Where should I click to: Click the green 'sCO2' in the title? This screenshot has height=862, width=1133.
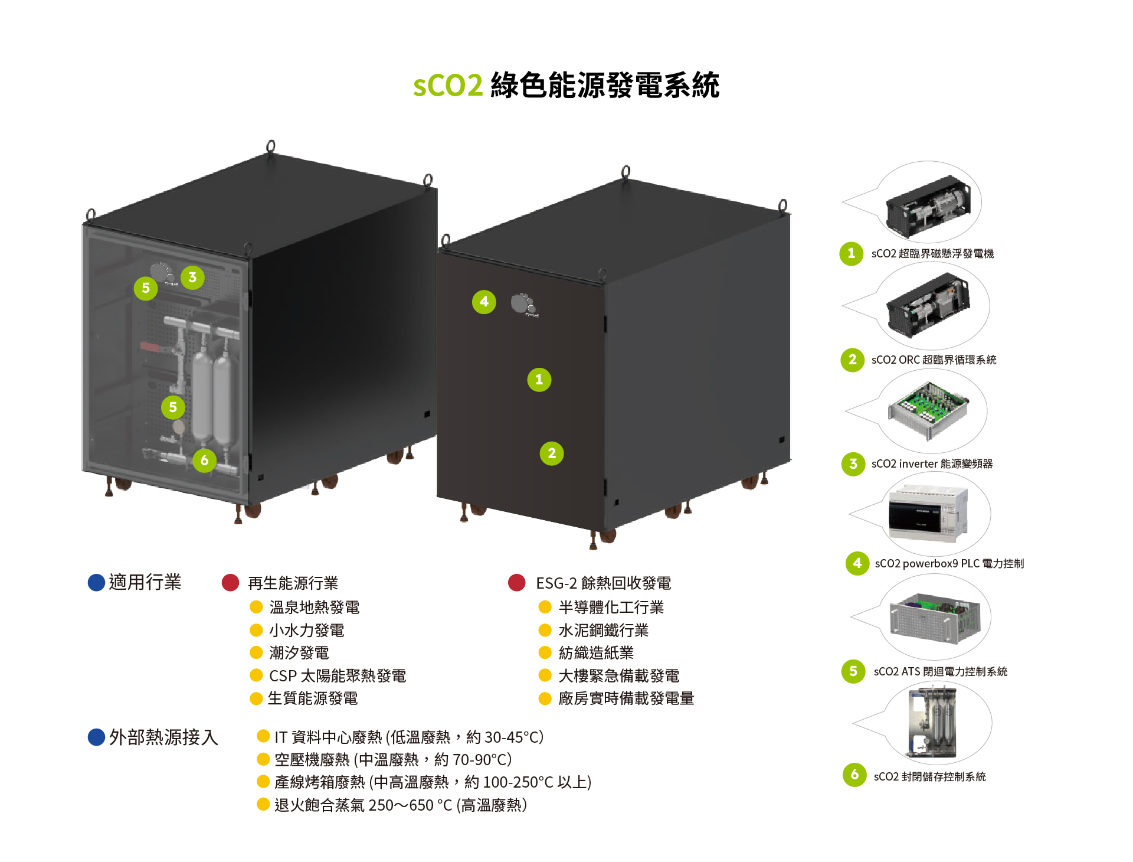(447, 86)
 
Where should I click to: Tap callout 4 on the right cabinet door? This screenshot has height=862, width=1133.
(484, 302)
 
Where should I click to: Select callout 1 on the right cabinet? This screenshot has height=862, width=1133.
(539, 380)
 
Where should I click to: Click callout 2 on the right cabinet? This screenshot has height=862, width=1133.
(552, 453)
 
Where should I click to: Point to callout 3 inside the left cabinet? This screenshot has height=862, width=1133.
(192, 277)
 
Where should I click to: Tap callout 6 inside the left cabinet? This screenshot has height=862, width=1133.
(204, 461)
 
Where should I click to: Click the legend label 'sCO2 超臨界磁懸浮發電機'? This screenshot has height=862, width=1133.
(932, 254)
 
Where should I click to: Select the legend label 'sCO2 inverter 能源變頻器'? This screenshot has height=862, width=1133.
(932, 464)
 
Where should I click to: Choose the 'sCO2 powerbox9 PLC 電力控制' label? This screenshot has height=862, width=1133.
(949, 564)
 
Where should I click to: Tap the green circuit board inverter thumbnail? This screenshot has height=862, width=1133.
(928, 409)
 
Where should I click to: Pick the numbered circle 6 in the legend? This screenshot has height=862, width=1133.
(854, 775)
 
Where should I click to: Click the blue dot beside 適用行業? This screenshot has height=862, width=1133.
(96, 583)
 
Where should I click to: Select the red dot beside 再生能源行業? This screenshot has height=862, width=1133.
(230, 583)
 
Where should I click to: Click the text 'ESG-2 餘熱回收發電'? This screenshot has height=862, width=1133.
(603, 583)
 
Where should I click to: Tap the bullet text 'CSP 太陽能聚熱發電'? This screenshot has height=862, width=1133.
(338, 676)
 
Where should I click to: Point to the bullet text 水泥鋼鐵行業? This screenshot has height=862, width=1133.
(603, 631)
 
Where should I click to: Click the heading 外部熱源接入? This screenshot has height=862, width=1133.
(163, 737)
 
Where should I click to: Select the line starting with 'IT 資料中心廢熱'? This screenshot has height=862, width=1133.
(408, 737)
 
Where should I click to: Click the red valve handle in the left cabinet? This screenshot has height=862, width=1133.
(149, 347)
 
